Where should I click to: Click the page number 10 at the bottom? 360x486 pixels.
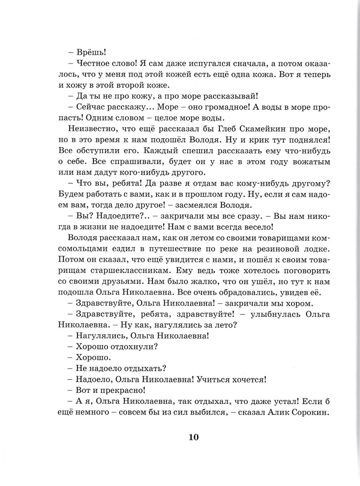coord(194,437)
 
